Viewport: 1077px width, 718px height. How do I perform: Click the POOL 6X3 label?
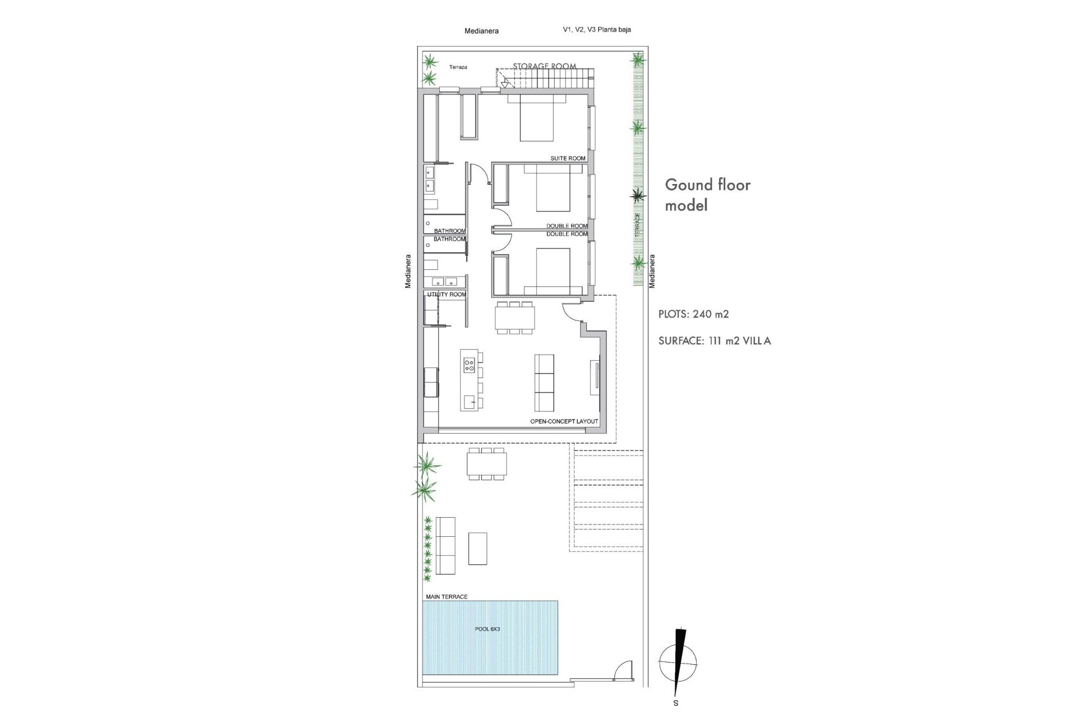pos(487,629)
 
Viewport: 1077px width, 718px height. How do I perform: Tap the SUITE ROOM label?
pos(568,158)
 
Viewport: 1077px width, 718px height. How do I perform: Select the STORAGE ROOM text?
pos(544,66)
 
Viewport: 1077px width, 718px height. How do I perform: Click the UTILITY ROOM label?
pos(447,294)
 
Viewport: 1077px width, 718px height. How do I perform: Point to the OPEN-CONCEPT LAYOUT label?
pos(564,421)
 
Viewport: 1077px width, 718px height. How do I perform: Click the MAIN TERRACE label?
pos(447,597)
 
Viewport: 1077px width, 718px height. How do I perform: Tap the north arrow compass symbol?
pos(679,661)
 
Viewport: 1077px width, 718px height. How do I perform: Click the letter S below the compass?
pos(676,702)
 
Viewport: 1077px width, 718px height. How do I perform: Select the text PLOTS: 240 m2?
pos(693,314)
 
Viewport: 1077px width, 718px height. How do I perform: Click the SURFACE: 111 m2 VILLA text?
pos(715,340)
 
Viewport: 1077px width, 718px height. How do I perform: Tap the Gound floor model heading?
pos(707,195)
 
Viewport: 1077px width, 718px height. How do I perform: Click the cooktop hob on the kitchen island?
pos(470,366)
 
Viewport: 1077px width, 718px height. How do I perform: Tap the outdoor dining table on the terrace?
pos(486,464)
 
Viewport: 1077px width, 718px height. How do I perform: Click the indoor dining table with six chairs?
pos(515,317)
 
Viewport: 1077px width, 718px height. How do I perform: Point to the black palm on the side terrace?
pos(637,195)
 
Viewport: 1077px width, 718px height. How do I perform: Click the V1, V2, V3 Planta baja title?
pos(597,30)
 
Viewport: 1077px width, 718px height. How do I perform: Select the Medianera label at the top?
pos(481,31)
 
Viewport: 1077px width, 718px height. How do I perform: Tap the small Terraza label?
pos(458,67)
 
